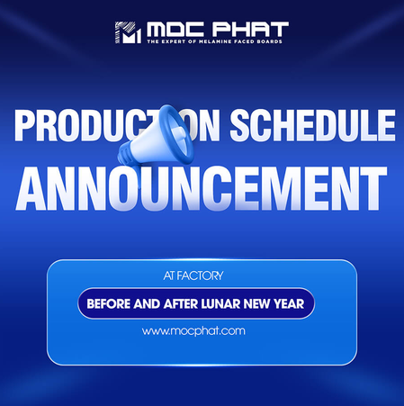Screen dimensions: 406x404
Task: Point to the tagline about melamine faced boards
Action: [216, 43]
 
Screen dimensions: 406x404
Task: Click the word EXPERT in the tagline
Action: [174, 43]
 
